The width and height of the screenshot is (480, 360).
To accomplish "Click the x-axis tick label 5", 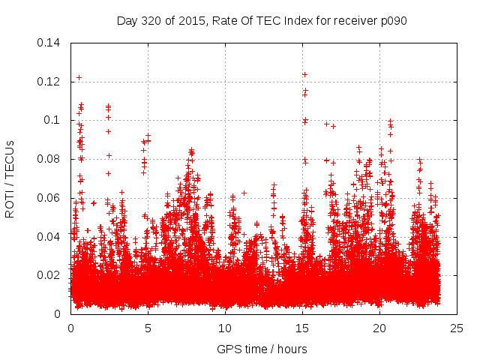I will pos(148,328).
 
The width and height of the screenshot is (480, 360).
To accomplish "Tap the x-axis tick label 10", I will pos(225,328).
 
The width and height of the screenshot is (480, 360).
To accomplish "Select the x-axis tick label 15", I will pos(302,328).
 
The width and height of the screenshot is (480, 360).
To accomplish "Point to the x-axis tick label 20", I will pos(379,328).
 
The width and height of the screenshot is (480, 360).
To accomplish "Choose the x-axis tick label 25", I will pos(457,328).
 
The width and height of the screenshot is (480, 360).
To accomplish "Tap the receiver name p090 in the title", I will pos(392,20).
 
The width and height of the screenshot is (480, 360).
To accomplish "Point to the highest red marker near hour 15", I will pos(304,74).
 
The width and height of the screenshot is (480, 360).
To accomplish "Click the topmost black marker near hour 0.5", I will pos(79,77).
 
